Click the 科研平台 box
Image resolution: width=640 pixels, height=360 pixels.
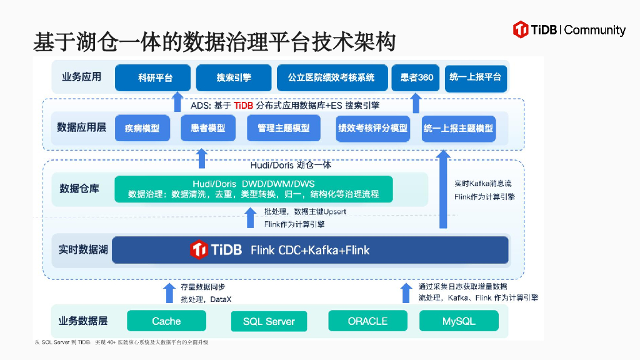click(152, 77)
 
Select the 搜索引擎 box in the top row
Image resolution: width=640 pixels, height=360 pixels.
click(234, 77)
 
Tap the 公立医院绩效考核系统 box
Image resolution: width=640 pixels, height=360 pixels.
click(332, 77)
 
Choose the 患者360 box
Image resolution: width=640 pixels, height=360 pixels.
click(416, 77)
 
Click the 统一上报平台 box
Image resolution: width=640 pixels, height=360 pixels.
click(475, 77)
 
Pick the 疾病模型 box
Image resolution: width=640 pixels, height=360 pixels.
click(142, 128)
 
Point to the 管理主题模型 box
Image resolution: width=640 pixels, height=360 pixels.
click(283, 128)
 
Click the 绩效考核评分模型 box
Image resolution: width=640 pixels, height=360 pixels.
click(372, 128)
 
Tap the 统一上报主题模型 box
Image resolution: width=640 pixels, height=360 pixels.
click(458, 128)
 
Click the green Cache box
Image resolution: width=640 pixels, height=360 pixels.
click(166, 321)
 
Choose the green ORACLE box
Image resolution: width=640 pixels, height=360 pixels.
click(367, 321)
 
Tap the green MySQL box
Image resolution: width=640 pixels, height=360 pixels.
click(459, 321)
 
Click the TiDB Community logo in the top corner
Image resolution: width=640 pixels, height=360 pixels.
click(569, 29)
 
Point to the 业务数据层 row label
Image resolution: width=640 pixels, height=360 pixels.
click(83, 321)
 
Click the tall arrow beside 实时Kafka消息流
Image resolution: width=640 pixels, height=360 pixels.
click(444, 191)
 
